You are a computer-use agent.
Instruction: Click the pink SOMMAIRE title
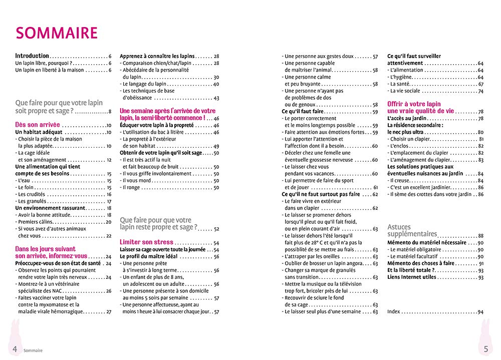[57, 33]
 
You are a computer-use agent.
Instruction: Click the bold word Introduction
[32, 56]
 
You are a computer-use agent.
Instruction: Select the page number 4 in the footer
[15, 349]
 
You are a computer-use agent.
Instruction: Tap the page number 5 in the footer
[485, 349]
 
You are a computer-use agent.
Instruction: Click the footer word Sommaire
[33, 350]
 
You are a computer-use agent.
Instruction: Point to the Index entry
[394, 311]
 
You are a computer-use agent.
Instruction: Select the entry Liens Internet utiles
[411, 277]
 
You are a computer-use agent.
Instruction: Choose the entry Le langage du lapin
[144, 84]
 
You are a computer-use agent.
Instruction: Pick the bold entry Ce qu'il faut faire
[303, 111]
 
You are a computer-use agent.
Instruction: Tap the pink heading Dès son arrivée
[38, 125]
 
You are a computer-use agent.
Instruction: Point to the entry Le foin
[25, 187]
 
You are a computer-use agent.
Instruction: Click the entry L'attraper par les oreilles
[312, 256]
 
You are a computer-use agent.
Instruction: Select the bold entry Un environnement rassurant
[51, 208]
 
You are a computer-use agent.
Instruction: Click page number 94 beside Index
[480, 311]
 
